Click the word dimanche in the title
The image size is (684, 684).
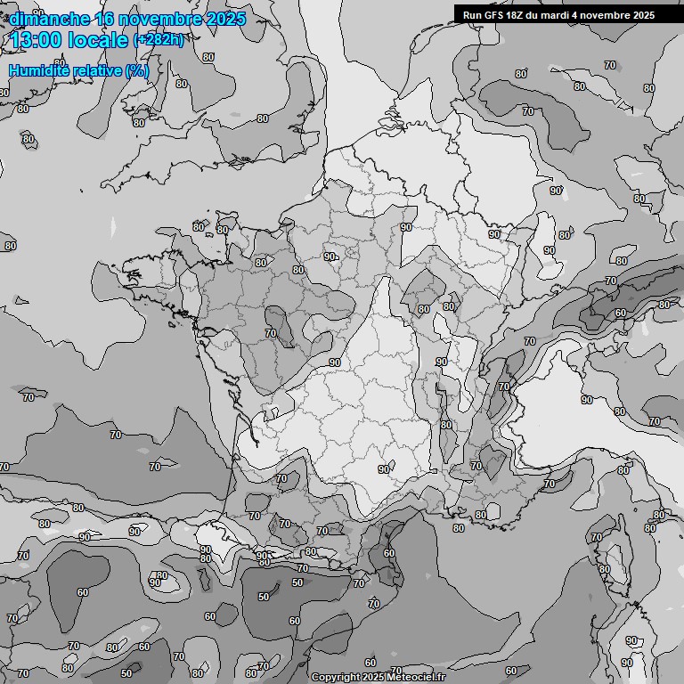48,19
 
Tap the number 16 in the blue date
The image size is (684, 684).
105,19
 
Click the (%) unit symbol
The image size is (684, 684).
137,70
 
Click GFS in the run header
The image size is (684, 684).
494,15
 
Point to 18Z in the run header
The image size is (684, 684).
517,15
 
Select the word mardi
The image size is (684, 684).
558,15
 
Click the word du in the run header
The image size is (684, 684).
534,15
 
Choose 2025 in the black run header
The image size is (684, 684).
641,15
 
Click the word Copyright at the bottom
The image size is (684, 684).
335,677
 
